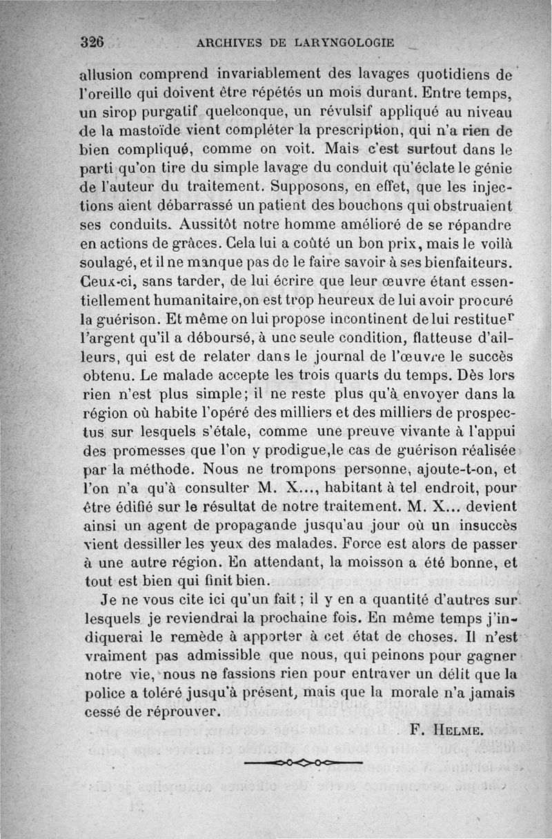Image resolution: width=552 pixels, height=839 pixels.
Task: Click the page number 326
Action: click(91, 41)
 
